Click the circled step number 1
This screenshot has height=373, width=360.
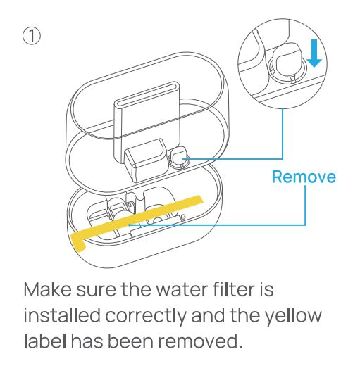[x=32, y=37]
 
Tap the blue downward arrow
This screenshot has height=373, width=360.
[x=314, y=53]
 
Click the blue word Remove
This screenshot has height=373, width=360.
[x=304, y=177]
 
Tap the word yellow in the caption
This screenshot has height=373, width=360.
[x=293, y=315]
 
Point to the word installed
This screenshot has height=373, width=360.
[x=62, y=315]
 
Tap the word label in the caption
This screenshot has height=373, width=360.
[x=45, y=341]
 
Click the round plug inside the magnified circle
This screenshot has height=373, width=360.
[x=287, y=63]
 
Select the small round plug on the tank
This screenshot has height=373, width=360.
[x=179, y=158]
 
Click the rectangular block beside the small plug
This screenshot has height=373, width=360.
[x=146, y=160]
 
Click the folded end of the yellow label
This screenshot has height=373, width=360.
[x=78, y=242]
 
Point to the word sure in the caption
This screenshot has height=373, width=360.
[x=96, y=291]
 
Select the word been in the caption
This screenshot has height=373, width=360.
[x=130, y=341]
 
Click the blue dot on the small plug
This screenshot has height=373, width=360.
[x=183, y=158]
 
